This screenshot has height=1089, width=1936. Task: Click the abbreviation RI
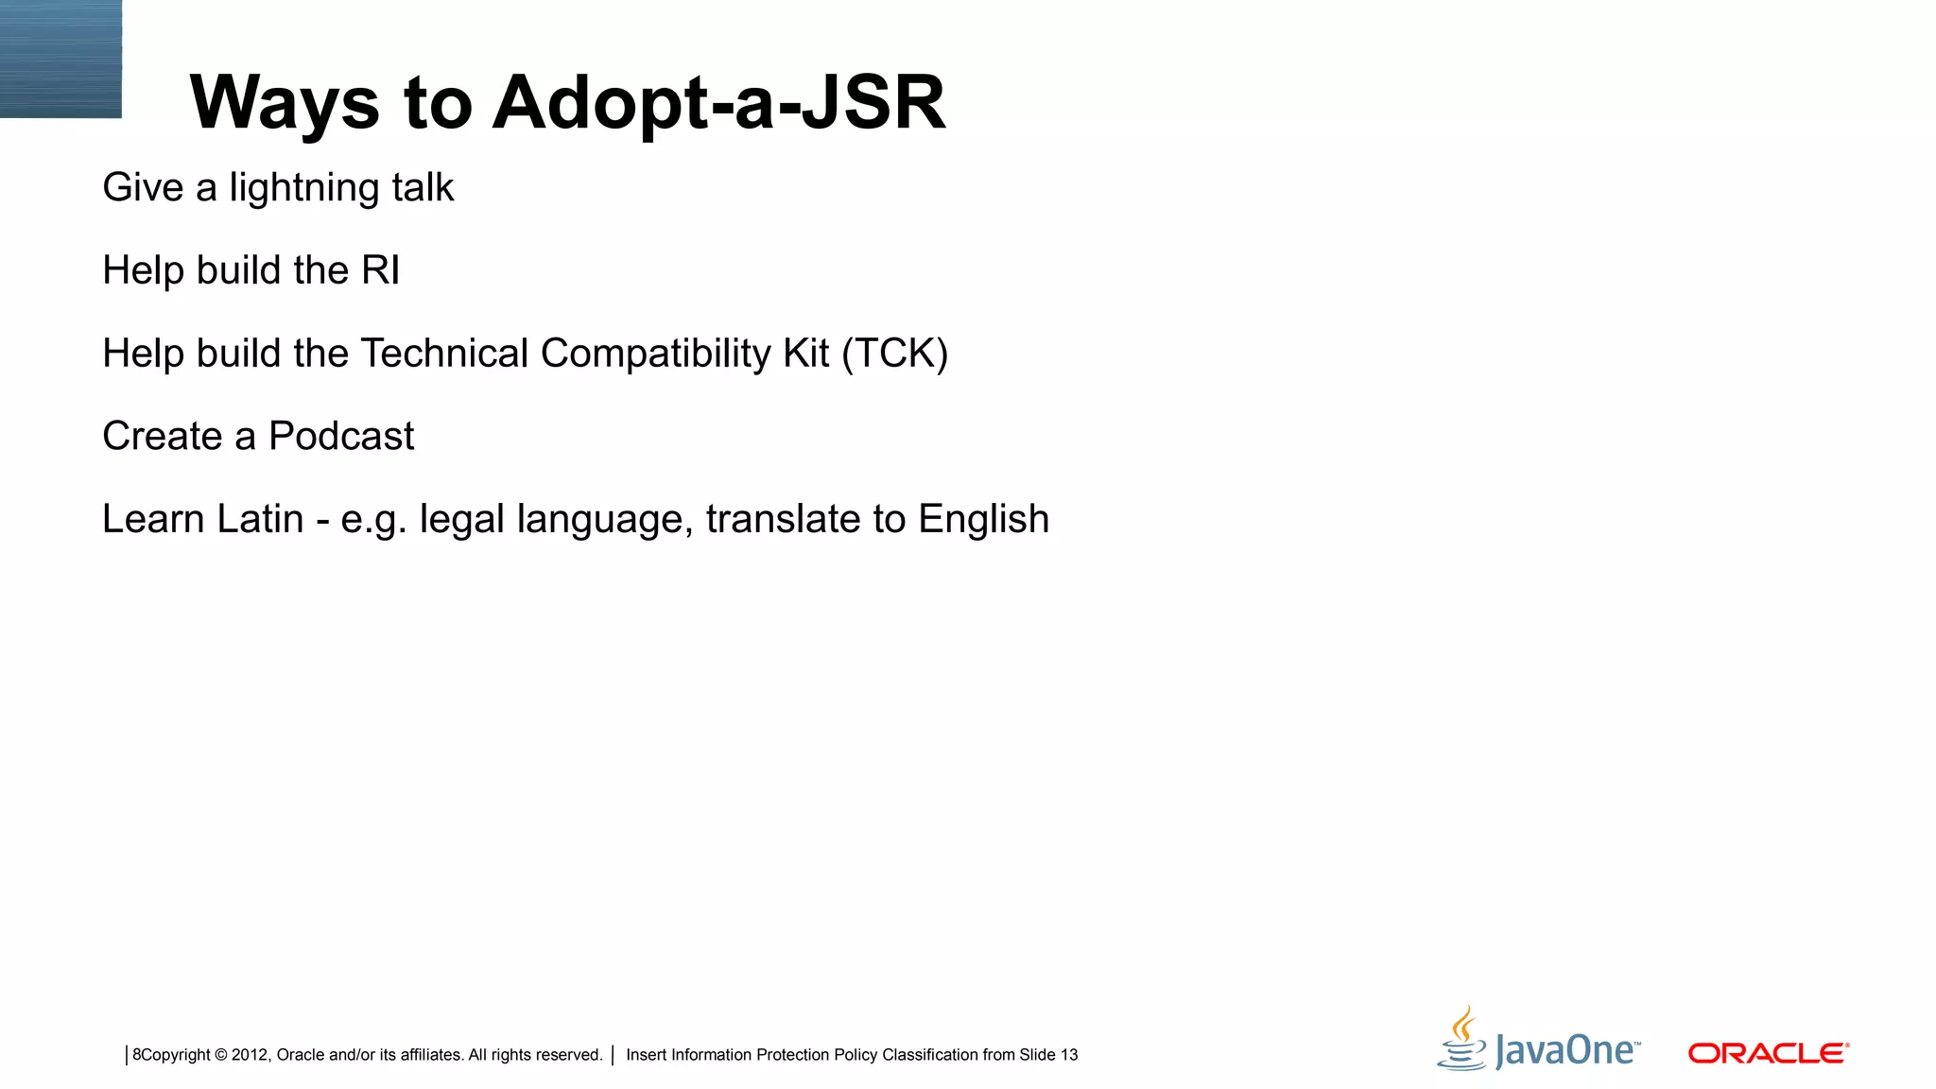pos(380,270)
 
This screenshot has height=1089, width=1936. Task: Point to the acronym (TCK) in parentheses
pos(894,354)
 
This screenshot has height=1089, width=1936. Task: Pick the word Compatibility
pos(656,354)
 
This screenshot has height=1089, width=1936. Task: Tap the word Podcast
pos(341,436)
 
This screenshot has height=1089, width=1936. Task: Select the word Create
pos(163,436)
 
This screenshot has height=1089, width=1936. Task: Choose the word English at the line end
pos(983,519)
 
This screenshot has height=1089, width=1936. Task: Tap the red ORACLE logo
pos(1768,1053)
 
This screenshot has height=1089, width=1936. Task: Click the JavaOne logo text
pos(1567,1051)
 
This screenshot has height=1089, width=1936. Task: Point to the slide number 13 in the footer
pos(1069,1055)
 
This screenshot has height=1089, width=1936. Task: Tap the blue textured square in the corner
pos(60,59)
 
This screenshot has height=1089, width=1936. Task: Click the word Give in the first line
pos(143,188)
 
